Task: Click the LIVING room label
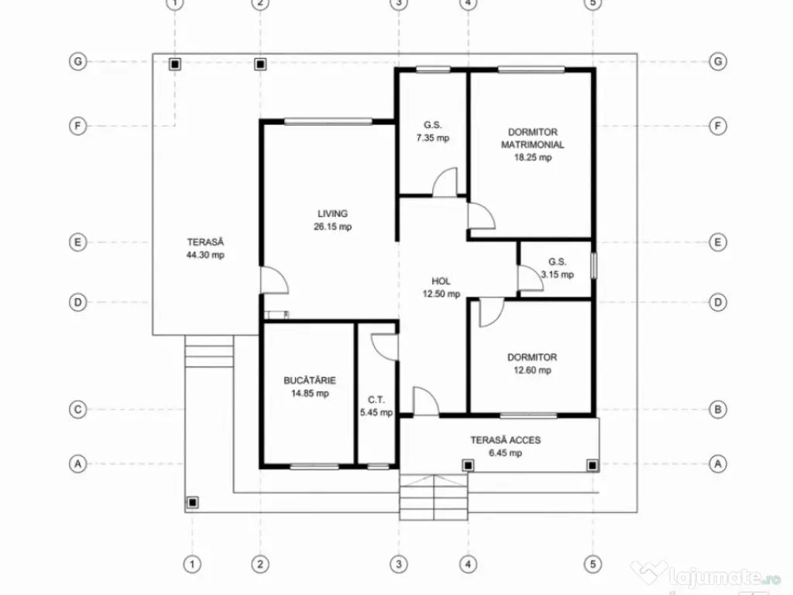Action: coord(332,214)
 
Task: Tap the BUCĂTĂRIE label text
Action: coord(310,380)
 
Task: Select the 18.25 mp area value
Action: coord(533,157)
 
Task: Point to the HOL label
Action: coord(441,281)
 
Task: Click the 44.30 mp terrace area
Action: coord(205,255)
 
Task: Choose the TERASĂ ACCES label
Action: coord(505,440)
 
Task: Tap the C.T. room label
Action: coord(376,400)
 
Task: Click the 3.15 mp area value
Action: coord(558,275)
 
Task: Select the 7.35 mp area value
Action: coord(432,138)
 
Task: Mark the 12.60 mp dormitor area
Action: coord(532,370)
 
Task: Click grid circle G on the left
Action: coord(78,62)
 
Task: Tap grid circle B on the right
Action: coord(718,409)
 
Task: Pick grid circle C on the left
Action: coord(78,409)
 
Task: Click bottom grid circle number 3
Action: coord(399,564)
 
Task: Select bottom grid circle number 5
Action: coord(592,564)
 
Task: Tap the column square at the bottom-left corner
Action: coord(192,502)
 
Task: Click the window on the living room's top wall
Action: coord(328,122)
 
